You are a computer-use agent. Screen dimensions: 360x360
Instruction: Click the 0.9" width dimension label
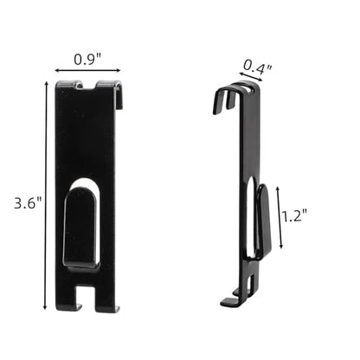[87, 59]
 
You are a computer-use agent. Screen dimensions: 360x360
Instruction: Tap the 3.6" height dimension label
[29, 202]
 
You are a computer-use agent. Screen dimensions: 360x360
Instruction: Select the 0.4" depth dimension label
[258, 67]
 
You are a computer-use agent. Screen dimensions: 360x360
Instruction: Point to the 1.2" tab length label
[294, 215]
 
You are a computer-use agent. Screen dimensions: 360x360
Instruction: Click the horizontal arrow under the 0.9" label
[87, 70]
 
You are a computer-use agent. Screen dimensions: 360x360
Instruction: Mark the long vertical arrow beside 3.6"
[45, 196]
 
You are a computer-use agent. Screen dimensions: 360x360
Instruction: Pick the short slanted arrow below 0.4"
[251, 77]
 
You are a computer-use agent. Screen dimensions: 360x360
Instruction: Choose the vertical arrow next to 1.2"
[280, 217]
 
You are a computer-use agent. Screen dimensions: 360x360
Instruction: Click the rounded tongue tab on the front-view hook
[82, 228]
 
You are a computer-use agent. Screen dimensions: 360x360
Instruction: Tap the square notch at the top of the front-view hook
[89, 84]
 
